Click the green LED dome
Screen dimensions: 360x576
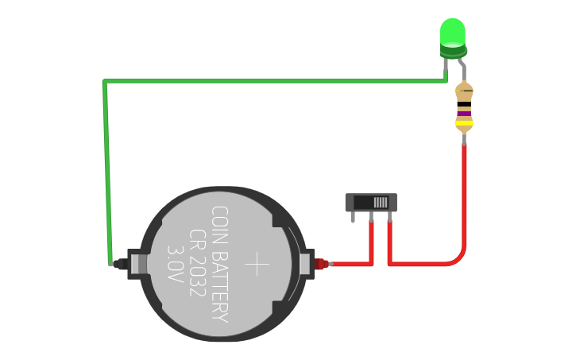pos(452,32)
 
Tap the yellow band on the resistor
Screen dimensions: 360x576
pos(464,123)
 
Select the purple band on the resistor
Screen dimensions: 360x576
pos(464,114)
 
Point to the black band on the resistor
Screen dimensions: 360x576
pos(464,105)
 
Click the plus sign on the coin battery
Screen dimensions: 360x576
pos(258,264)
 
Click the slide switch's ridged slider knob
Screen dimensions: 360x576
pos(382,202)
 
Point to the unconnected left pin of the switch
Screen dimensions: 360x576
pos(353,217)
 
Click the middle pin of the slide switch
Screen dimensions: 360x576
pos(371,217)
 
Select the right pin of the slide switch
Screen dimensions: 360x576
pos(389,217)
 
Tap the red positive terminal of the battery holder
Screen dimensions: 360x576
pos(320,264)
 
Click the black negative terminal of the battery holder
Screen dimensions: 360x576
pos(120,264)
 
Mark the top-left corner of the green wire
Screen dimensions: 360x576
pos(105,81)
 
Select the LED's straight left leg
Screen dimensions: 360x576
pos(446,69)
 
